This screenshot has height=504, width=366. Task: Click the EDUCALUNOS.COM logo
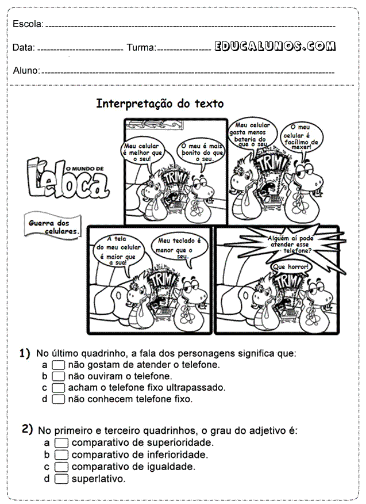[275, 46]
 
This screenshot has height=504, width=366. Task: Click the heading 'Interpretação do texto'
[160, 104]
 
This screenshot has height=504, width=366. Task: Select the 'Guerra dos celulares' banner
[53, 226]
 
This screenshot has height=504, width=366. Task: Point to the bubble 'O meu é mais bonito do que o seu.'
[202, 152]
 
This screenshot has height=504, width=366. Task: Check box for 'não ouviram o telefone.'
[58, 376]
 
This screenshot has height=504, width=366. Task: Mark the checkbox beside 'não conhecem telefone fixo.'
[58, 399]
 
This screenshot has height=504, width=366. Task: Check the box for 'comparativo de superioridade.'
[61, 443]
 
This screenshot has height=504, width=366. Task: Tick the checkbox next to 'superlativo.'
[61, 479]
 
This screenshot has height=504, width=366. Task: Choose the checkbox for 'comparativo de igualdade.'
[61, 467]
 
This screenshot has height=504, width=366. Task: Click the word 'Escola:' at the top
[28, 24]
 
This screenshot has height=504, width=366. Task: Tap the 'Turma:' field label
[141, 48]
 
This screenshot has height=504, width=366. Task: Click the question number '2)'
[27, 429]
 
